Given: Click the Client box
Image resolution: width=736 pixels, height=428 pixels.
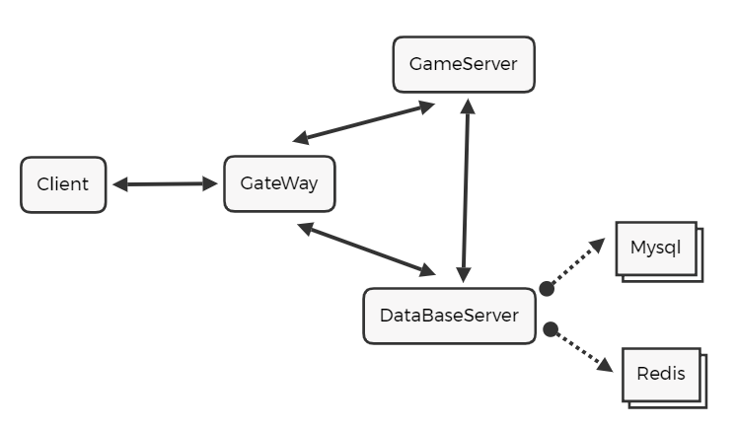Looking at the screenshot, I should click(63, 184).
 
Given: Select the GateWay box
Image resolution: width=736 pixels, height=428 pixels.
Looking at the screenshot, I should click(279, 183).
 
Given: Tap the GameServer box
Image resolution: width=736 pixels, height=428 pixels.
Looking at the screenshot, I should click(463, 66).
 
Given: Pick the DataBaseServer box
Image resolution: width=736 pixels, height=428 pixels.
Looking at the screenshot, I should click(449, 316).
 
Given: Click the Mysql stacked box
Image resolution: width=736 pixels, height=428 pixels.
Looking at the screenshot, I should click(657, 250).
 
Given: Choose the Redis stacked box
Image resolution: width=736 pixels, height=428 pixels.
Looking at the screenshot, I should click(662, 375).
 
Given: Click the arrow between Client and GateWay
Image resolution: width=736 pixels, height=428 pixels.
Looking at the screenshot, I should click(165, 183).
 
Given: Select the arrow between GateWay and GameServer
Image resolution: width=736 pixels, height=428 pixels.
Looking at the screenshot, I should click(364, 121).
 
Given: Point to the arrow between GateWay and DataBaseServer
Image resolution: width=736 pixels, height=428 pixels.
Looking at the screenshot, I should click(366, 249).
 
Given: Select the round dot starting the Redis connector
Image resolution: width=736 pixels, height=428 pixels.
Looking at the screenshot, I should click(552, 328).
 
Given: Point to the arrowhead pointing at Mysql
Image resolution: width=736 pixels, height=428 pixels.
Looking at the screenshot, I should click(599, 243).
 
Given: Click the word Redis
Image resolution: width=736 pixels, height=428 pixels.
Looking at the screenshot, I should click(661, 375).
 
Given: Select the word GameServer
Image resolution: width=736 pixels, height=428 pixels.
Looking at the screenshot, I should click(463, 66).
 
